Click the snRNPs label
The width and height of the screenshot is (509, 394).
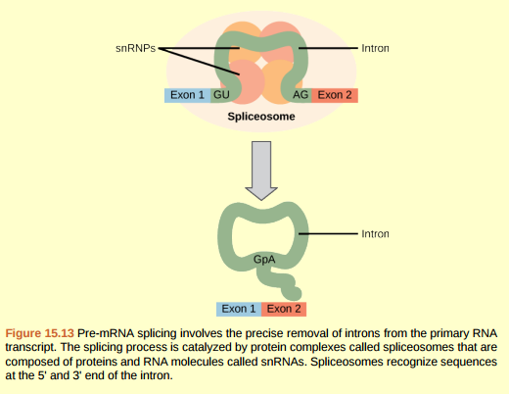[x=136, y=46]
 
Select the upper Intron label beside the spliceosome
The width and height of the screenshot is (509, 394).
[x=375, y=46]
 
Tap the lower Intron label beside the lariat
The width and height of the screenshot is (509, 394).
[x=375, y=234]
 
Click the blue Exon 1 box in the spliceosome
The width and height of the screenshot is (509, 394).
[x=187, y=95]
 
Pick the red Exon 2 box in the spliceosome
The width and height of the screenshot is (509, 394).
[x=335, y=95]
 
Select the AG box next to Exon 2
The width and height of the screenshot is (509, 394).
[x=301, y=95]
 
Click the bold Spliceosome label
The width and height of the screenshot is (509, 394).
[x=260, y=116]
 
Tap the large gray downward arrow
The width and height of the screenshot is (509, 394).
[x=260, y=168]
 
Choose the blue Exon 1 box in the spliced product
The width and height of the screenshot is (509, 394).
[x=239, y=309]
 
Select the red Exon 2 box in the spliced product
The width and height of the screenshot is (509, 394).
[x=284, y=309]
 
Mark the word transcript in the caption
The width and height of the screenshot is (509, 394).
[x=30, y=347]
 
